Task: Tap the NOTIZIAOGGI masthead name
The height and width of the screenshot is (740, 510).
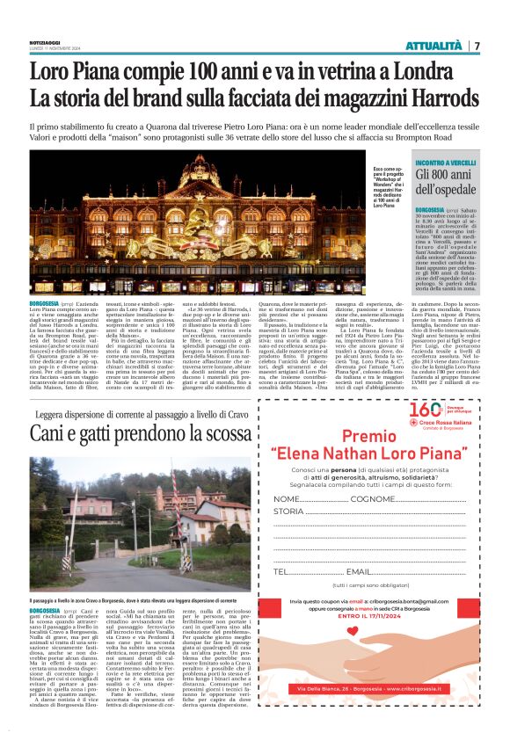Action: point(46,41)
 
